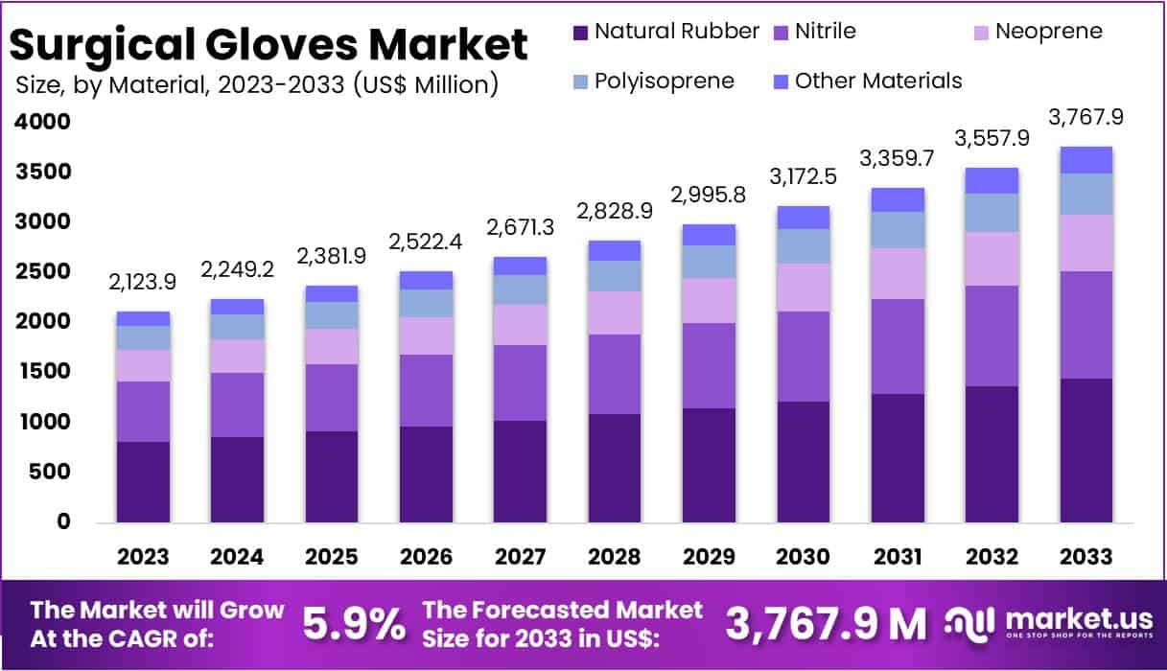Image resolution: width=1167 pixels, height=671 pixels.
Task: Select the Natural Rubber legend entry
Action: tap(665, 31)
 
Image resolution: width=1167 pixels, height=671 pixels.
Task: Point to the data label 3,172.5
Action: tap(803, 176)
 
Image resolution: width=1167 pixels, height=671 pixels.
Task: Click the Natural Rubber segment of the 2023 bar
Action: tap(143, 481)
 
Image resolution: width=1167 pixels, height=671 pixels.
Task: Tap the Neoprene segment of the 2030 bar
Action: tap(803, 288)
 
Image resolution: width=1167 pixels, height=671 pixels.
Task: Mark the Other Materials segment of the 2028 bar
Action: tap(615, 250)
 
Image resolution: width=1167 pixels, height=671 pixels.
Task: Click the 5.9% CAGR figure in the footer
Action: tap(354, 624)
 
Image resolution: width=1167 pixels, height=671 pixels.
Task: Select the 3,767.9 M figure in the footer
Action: tap(826, 624)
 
